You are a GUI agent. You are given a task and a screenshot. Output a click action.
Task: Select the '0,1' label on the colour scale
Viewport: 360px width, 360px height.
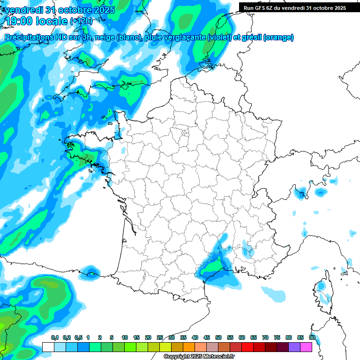[x=54, y=337]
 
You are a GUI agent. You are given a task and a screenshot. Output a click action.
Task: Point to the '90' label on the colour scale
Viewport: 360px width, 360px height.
[x=312, y=337]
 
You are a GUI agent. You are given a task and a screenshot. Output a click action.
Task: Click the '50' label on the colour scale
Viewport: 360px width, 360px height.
[x=218, y=337]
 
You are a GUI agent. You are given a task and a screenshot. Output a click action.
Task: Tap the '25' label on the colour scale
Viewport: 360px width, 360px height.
[x=160, y=337]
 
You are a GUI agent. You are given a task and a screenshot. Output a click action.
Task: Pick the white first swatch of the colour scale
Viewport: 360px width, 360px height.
[x=48, y=347]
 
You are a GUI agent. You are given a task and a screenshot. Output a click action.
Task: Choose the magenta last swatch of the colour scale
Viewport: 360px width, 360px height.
[x=306, y=347]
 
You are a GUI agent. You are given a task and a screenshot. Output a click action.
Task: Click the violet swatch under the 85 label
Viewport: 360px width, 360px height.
[x=294, y=347]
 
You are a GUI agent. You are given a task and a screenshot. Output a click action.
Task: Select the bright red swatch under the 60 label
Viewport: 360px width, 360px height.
[x=247, y=347]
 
